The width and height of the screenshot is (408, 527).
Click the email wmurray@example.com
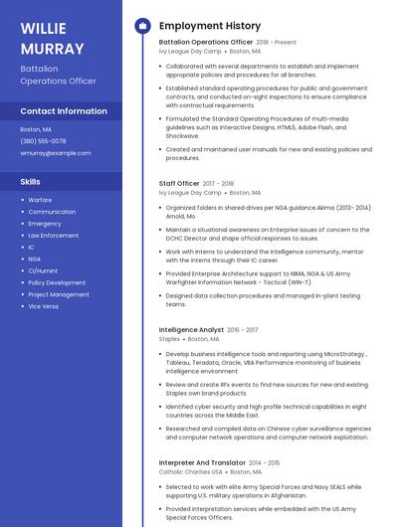tap(56, 153)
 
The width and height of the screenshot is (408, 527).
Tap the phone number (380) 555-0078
tap(43, 141)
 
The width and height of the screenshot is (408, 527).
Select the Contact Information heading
tap(64, 111)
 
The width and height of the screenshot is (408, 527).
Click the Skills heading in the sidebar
tap(31, 182)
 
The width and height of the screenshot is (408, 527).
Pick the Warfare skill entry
tap(40, 200)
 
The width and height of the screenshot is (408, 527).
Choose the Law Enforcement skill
tap(53, 236)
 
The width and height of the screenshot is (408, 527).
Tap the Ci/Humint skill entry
tap(43, 270)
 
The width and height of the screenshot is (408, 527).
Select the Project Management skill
tap(59, 294)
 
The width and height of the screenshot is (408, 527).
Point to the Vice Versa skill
tap(43, 306)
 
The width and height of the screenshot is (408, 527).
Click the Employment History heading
tap(210, 26)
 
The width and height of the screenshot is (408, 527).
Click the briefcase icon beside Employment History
tap(141, 26)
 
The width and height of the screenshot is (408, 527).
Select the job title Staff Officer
tap(179, 184)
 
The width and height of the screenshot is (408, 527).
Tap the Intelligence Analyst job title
tap(191, 329)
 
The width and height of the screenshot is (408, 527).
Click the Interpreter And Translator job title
tap(202, 462)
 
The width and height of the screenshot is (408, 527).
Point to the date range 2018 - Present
tap(277, 43)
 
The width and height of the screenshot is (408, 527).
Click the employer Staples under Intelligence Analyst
tap(169, 339)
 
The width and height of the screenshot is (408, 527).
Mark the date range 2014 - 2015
tap(264, 462)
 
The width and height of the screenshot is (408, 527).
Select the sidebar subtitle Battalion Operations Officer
tap(58, 75)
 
